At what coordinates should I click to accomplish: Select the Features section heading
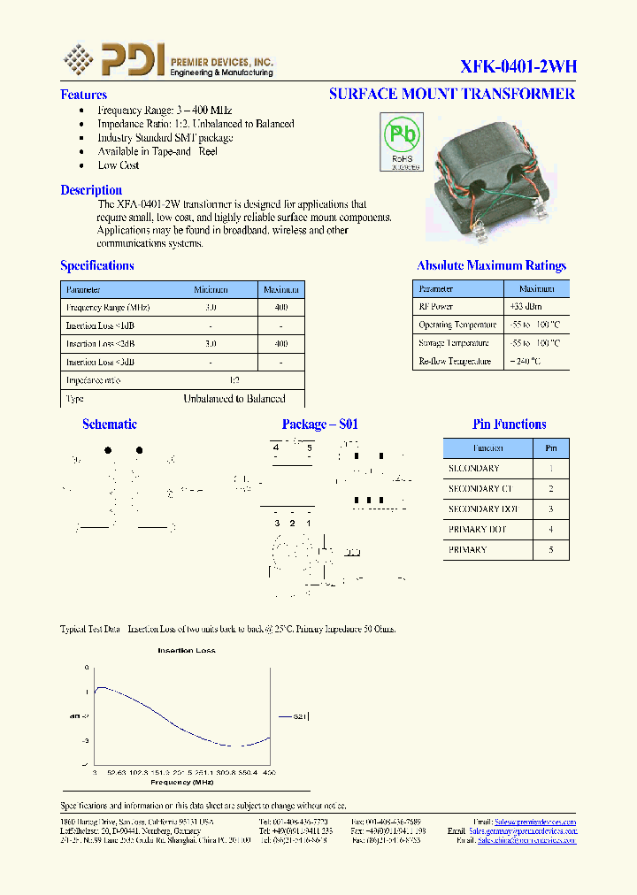click(83, 95)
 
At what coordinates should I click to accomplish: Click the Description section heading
click(91, 190)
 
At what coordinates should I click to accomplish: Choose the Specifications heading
click(97, 265)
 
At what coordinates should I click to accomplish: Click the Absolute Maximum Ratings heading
click(491, 265)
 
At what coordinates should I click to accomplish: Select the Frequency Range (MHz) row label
click(108, 307)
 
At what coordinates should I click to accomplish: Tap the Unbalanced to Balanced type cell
click(234, 399)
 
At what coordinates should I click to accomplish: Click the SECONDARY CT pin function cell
click(480, 488)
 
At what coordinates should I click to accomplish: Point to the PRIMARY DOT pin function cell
click(478, 529)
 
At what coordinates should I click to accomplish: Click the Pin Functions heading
click(509, 425)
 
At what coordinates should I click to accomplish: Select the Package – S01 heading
click(320, 425)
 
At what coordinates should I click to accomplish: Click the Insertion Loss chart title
click(187, 651)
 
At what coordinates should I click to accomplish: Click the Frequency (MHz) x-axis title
click(182, 783)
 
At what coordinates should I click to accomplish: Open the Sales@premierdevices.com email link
click(535, 822)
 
